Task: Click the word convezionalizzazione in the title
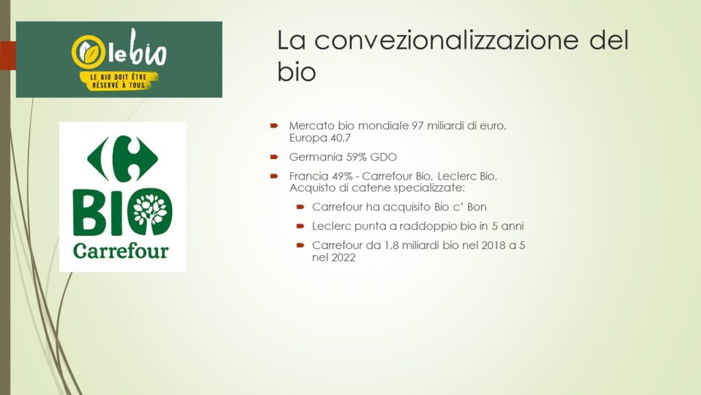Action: (x=446, y=40)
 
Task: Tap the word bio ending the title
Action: (x=296, y=72)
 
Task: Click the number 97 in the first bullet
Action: (x=418, y=126)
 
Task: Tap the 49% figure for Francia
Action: (x=342, y=176)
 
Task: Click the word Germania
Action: (x=316, y=157)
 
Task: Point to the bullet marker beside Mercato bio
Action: (x=274, y=126)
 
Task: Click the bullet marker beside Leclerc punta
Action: (x=301, y=226)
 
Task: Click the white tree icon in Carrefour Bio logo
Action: (x=150, y=211)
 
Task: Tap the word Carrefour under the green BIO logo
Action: (x=120, y=251)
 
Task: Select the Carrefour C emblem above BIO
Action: (x=123, y=158)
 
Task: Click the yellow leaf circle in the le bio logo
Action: (x=88, y=52)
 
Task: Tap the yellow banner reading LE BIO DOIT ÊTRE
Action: (x=118, y=81)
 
